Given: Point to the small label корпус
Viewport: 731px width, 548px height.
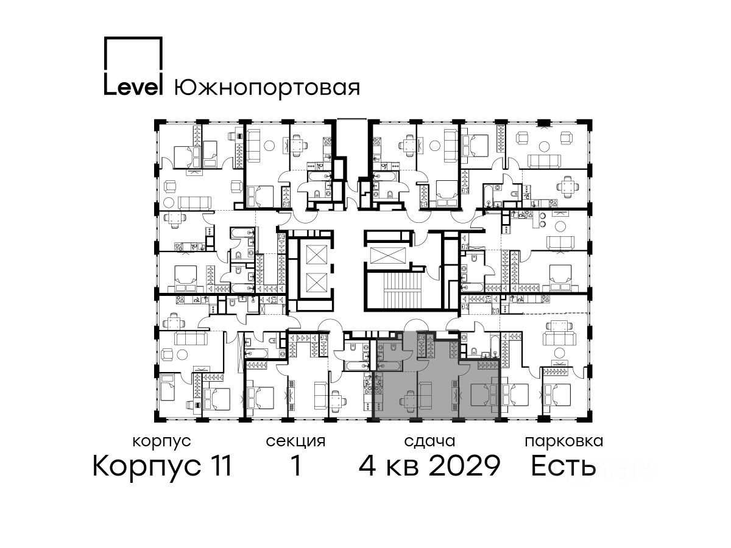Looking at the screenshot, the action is tap(161, 442).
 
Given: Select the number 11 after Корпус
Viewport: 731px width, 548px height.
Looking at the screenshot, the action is tap(219, 466).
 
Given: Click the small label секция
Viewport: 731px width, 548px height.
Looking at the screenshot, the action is tap(295, 442).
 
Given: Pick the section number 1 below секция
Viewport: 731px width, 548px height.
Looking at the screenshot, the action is tap(295, 466).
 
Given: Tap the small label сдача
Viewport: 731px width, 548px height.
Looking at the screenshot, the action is tap(429, 441).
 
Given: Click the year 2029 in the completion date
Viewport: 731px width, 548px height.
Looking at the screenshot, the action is tap(465, 466).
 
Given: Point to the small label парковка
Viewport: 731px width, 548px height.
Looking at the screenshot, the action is tap(564, 441).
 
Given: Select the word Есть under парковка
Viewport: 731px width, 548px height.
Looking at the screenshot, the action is tap(563, 466).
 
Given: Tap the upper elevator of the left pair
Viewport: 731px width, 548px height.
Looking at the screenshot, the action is tap(316, 255).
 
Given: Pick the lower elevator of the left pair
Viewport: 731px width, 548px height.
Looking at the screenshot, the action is tap(316, 282).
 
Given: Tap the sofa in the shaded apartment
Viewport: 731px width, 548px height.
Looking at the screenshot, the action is tap(425, 396).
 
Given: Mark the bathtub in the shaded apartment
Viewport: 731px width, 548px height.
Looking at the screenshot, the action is tap(390, 367).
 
